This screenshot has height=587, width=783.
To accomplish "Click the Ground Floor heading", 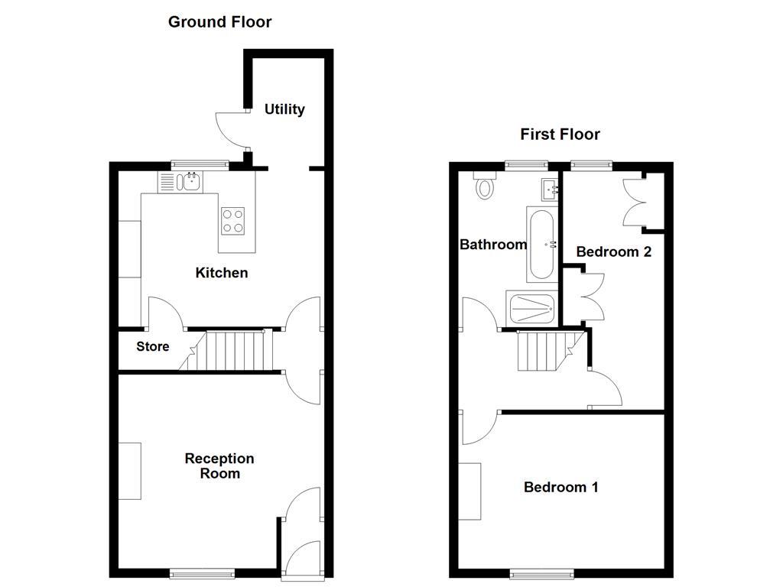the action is (219, 22).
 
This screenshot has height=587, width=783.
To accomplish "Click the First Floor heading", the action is (560, 135).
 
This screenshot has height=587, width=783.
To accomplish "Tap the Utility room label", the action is (284, 109).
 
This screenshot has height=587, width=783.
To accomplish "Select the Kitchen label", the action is (222, 273).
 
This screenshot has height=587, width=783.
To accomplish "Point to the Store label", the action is (153, 346).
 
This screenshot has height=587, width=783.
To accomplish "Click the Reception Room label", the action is (219, 465).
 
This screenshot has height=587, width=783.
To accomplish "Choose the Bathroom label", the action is (493, 244).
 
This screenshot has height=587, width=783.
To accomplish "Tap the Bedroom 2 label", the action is (614, 251).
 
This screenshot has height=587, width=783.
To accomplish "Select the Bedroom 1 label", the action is (560, 487).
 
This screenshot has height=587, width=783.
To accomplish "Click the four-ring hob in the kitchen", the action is (233, 221).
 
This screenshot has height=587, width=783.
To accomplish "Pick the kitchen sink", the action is (180, 182).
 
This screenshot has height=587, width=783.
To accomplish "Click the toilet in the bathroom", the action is (485, 186).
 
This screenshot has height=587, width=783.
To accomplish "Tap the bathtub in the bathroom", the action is (542, 244).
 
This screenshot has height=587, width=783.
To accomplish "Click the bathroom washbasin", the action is (550, 190).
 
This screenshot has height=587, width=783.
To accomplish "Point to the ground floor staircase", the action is (226, 350).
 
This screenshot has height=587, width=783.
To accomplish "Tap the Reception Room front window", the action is (202, 573).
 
